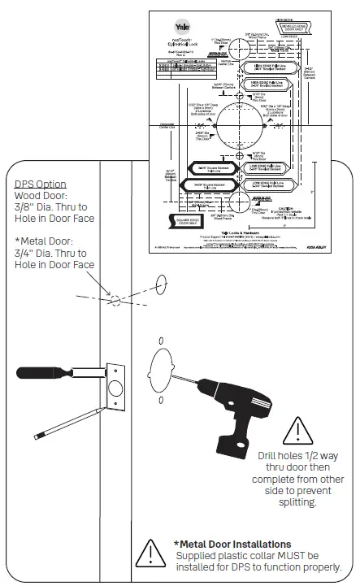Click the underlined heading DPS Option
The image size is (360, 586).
click(x=41, y=184)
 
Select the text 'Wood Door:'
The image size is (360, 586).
click(x=41, y=196)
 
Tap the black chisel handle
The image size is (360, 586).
click(x=41, y=373)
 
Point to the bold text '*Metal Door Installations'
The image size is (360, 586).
click(x=232, y=544)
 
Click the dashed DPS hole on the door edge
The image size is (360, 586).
click(x=115, y=300)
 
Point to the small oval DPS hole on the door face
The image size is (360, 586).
click(x=160, y=284)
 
